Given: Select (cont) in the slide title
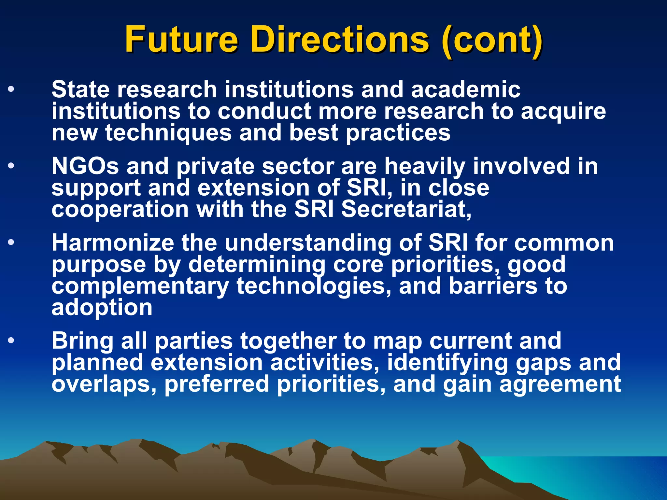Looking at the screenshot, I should coord(492,40).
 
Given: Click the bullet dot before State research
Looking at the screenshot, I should coord(11,89).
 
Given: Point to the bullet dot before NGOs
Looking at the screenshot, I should coord(11,166).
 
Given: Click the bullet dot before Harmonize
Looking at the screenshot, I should coord(11,243).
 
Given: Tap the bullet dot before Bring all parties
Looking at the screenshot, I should coord(11,340).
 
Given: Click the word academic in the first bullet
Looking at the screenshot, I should coord(465,89).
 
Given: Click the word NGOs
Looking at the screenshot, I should coord(85,166).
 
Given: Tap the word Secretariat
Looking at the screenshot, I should coord(406,209).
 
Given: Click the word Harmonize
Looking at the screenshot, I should coord(113,243).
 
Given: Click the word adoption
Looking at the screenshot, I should coord(102,308).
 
